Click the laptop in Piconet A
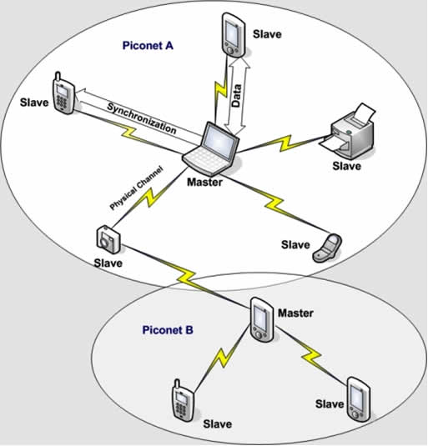click(210, 148)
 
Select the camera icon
click(108, 239)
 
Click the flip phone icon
click(327, 248)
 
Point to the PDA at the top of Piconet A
click(234, 34)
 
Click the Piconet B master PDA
click(262, 320)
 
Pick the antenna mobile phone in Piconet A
click(63, 93)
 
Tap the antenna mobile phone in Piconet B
click(184, 401)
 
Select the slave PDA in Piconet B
click(359, 399)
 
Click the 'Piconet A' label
click(148, 46)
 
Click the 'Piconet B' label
click(168, 330)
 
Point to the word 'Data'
click(236, 96)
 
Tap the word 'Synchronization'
click(142, 118)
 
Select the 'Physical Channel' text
click(137, 188)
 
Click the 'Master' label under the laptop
click(204, 182)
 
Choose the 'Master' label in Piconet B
click(295, 313)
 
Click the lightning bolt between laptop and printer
click(284, 143)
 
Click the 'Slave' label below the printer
click(346, 166)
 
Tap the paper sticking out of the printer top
click(365, 112)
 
